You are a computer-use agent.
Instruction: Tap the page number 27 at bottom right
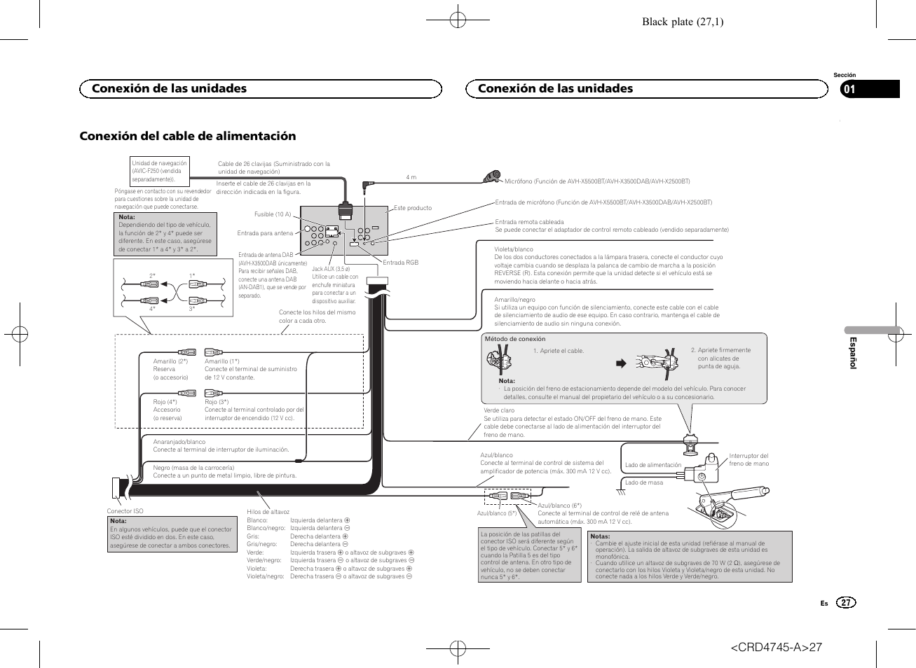pyautogui.click(x=846, y=603)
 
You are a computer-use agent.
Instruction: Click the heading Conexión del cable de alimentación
pyautogui.click(x=188, y=136)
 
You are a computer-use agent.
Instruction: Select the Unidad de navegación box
pyautogui.click(x=160, y=172)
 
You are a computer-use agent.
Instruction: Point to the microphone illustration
pyautogui.click(x=492, y=176)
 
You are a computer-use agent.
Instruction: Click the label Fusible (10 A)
pyautogui.click(x=273, y=214)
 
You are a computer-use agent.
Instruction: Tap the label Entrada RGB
pyautogui.click(x=400, y=263)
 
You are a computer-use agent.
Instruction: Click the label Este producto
pyautogui.click(x=413, y=208)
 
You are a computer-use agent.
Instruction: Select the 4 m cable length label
pyautogui.click(x=411, y=177)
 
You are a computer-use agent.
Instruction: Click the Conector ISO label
pyautogui.click(x=125, y=511)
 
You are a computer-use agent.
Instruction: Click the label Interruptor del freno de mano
pyautogui.click(x=748, y=459)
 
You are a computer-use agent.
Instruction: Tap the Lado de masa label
pyautogui.click(x=644, y=482)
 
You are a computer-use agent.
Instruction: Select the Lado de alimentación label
pyautogui.click(x=652, y=465)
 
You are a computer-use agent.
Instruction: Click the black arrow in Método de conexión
pyautogui.click(x=620, y=363)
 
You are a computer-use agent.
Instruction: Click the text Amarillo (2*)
pyautogui.click(x=170, y=361)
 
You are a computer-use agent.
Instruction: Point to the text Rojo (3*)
pyautogui.click(x=217, y=402)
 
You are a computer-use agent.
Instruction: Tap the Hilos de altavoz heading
pyautogui.click(x=268, y=512)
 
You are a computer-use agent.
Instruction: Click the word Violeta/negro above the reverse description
pyautogui.click(x=514, y=249)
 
